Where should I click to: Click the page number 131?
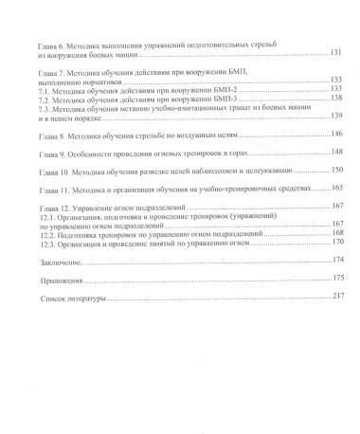pos(334,53)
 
